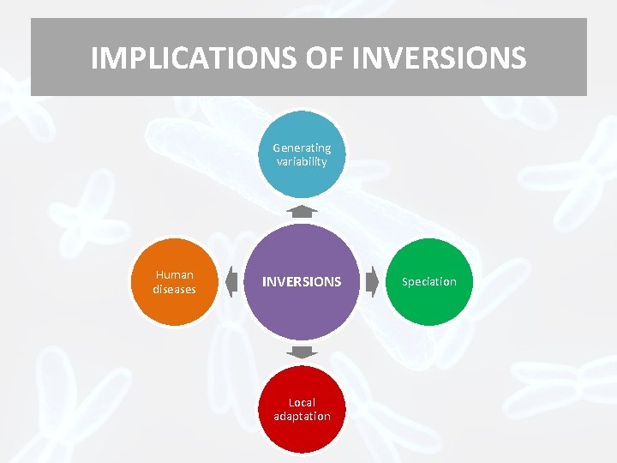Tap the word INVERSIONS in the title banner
pyautogui.click(x=440, y=58)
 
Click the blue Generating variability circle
pyautogui.click(x=302, y=154)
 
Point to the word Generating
pyautogui.click(x=302, y=147)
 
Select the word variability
pyautogui.click(x=302, y=161)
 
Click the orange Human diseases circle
pyautogui.click(x=175, y=282)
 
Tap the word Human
pyautogui.click(x=175, y=275)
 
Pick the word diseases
pyautogui.click(x=175, y=289)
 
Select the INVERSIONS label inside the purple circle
pyautogui.click(x=302, y=281)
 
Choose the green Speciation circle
pyautogui.click(x=429, y=282)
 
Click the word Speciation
pyautogui.click(x=429, y=282)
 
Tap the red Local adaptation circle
pyautogui.click(x=302, y=409)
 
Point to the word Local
pyautogui.click(x=302, y=402)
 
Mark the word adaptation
pyautogui.click(x=302, y=416)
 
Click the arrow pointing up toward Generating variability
pyautogui.click(x=302, y=211)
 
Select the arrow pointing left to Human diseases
pyautogui.click(x=231, y=281)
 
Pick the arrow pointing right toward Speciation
pyautogui.click(x=372, y=281)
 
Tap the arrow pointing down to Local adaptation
pyautogui.click(x=302, y=352)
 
